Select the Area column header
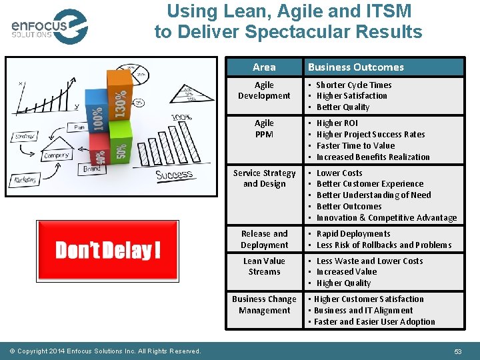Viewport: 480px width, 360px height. coord(264,67)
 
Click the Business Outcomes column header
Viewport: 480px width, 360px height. coord(355,67)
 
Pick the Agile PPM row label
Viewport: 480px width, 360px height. coord(264,129)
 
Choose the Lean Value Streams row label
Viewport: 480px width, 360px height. coord(264,267)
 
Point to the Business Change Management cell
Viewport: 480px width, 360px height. coord(264,305)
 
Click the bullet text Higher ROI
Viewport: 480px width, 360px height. coord(337,123)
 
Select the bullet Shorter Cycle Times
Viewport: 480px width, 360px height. coord(353,85)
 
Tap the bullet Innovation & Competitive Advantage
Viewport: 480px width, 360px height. coord(386,218)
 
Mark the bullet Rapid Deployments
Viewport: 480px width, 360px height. coord(353,234)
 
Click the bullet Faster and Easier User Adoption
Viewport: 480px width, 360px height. coord(374,322)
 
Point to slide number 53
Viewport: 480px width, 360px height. coord(458,351)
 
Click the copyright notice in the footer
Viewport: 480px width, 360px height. coord(109,351)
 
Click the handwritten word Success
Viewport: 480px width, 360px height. coord(175,175)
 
